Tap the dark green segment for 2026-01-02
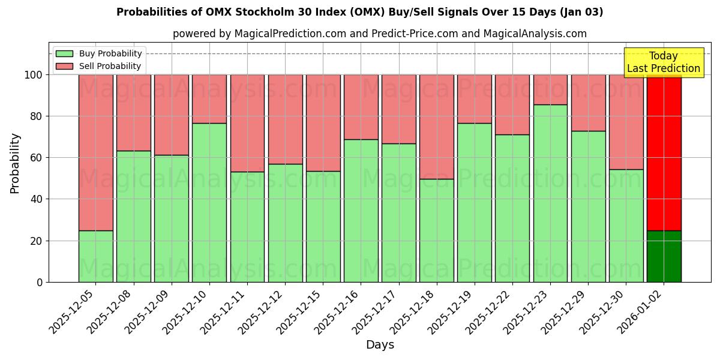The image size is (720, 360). (664, 256)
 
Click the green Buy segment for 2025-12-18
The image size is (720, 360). (436, 230)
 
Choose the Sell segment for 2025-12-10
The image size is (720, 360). (209, 99)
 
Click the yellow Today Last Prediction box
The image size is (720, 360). (663, 62)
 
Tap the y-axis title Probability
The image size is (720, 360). (15, 163)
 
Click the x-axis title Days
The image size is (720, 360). (380, 345)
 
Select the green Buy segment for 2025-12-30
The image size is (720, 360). (626, 226)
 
